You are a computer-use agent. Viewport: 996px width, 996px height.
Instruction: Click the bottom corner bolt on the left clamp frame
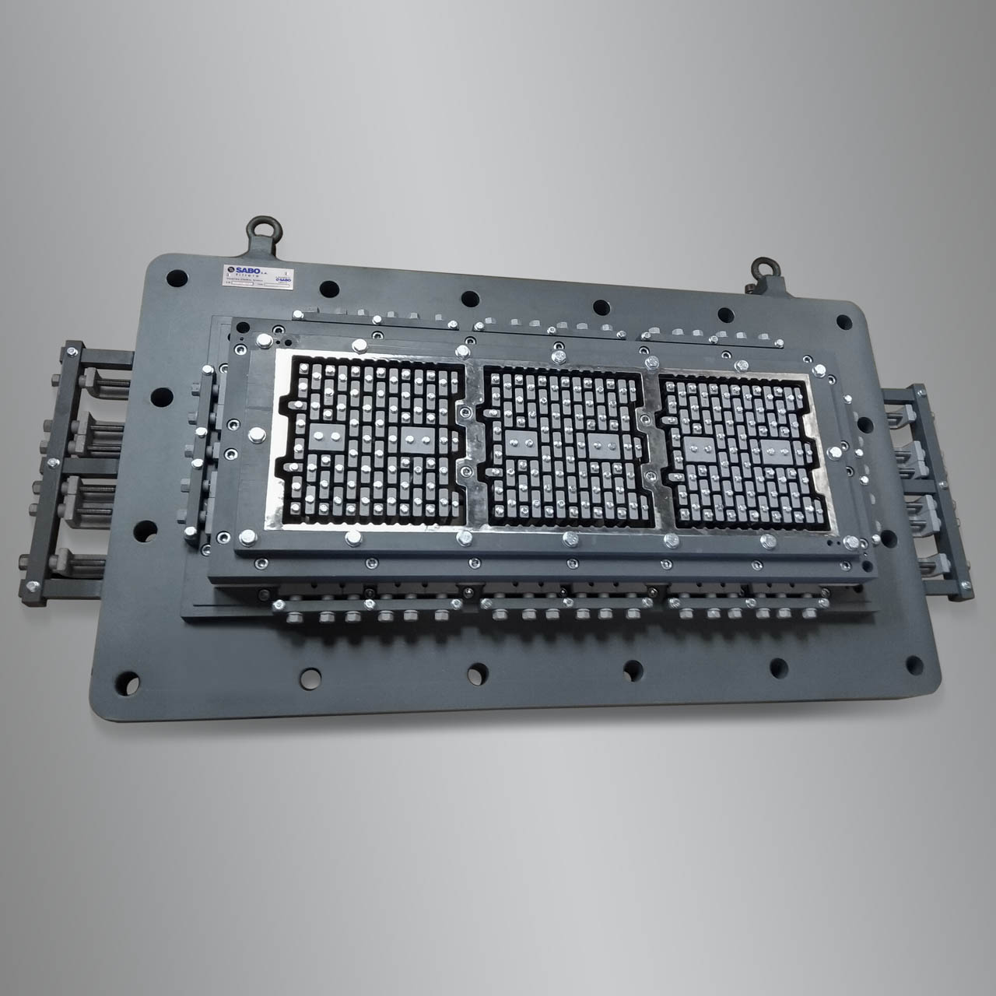coord(34,586)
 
